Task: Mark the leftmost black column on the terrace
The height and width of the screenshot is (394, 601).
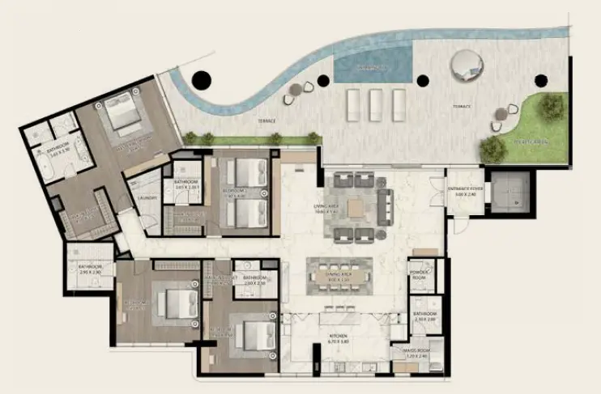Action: [200, 81]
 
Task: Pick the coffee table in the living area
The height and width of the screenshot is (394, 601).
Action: [356, 208]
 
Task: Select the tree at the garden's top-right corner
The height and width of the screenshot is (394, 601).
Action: [552, 106]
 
